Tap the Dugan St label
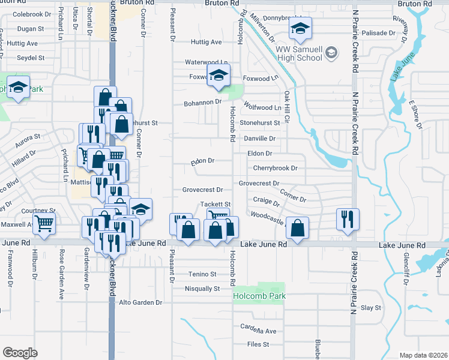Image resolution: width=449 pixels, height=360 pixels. point(31,28)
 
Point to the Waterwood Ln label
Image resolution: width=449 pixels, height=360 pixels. point(206,62)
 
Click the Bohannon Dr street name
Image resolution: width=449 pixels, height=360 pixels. point(202,103)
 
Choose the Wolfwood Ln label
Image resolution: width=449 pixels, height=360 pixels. point(262,107)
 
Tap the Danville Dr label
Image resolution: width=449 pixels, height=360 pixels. point(259,139)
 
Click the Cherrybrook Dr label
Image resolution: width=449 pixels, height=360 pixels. point(275,168)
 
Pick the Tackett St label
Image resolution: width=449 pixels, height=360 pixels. point(215,205)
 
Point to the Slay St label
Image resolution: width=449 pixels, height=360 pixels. point(370,308)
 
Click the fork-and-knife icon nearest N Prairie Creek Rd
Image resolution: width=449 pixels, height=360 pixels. point(347,219)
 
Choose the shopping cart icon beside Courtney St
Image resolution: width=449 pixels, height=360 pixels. point(44,224)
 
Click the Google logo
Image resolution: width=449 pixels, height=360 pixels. point(20,353)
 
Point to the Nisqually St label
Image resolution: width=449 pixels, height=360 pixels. point(200,289)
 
